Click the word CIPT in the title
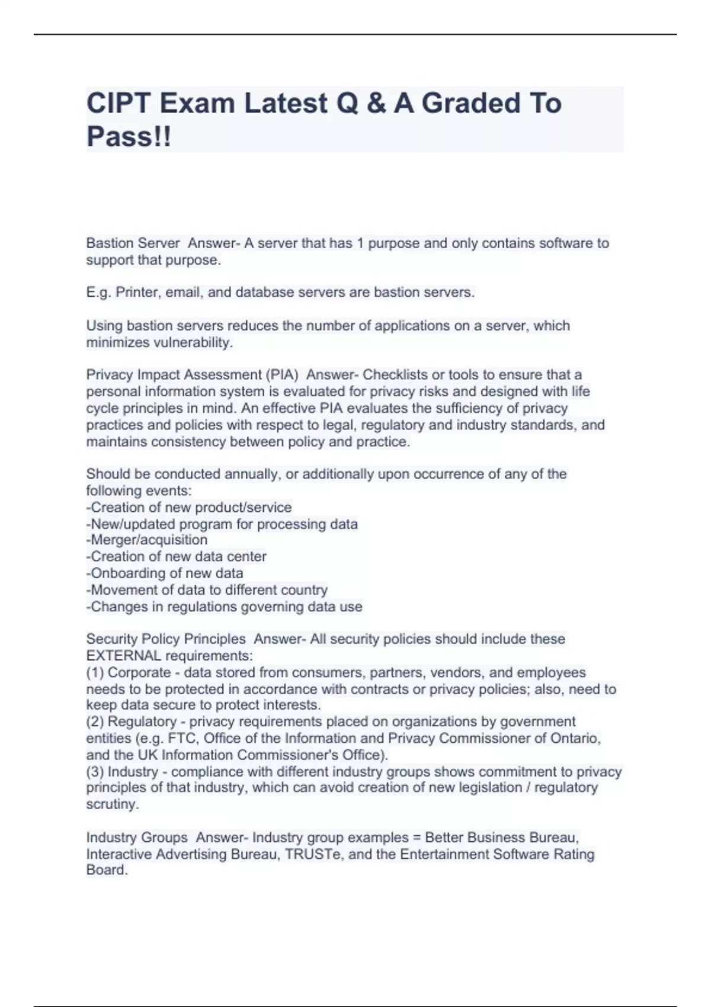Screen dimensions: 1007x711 [x=118, y=104]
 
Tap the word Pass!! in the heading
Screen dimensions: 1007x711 [x=129, y=137]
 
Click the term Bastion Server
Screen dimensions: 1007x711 [x=133, y=243]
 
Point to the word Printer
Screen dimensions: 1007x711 [x=137, y=293]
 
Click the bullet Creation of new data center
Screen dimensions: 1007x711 [x=177, y=556]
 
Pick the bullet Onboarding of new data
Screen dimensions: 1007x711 [x=165, y=573]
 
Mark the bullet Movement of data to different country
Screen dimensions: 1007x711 [x=207, y=590]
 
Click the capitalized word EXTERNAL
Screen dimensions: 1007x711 [x=123, y=656]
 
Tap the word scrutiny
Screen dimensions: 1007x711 [x=112, y=804]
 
